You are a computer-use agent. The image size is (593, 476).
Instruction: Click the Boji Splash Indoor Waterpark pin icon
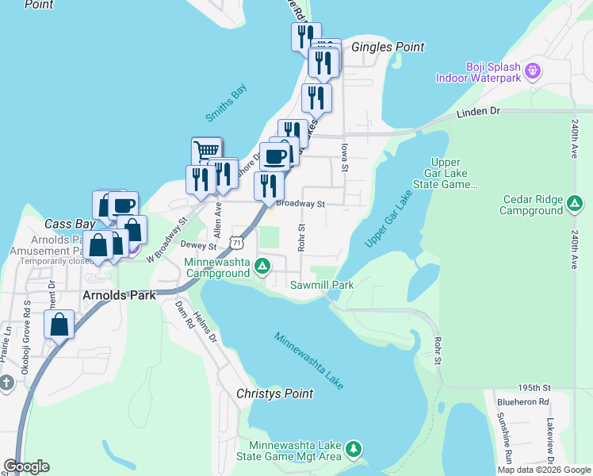tap(532, 70)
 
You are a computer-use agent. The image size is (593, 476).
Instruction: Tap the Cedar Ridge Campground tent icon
tap(573, 205)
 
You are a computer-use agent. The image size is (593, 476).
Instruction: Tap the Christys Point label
tap(275, 393)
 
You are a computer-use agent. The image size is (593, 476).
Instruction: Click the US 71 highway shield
tap(237, 240)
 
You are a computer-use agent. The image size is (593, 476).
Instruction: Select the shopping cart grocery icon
tap(206, 151)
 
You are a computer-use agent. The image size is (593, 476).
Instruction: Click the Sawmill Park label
tap(321, 284)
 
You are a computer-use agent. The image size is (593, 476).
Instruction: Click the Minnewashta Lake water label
tap(309, 360)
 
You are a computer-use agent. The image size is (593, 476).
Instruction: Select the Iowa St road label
tap(345, 155)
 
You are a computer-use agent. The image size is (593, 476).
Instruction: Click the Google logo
tap(26, 466)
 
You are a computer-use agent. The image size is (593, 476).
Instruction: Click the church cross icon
tap(6, 383)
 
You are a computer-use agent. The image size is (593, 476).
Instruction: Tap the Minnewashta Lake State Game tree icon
tap(354, 450)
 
